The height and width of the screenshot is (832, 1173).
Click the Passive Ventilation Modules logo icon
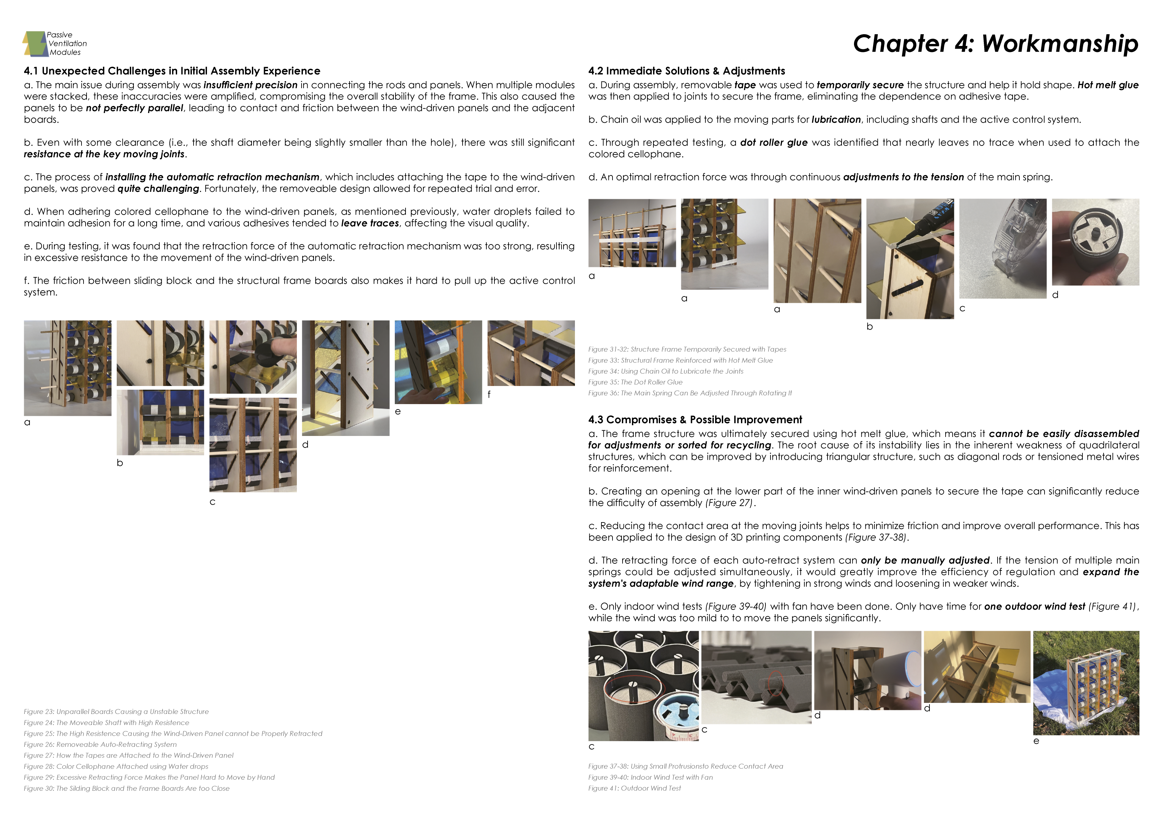(34, 44)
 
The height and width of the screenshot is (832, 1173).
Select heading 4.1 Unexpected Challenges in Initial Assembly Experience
(172, 71)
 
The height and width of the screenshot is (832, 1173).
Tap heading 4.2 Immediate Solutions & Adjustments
(686, 71)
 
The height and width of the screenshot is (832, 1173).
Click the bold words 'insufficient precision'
(250, 85)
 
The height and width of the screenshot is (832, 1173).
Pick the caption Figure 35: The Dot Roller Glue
(635, 382)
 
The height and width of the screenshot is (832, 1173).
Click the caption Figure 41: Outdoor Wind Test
(634, 788)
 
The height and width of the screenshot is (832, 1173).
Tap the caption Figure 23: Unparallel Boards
(116, 712)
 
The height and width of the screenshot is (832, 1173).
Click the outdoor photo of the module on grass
(1085, 683)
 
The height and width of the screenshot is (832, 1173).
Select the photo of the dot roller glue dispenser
(1002, 248)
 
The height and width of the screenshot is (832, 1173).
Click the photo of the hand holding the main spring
(1095, 242)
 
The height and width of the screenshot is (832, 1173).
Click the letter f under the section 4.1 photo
(489, 394)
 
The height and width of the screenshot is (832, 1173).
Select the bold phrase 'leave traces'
(370, 223)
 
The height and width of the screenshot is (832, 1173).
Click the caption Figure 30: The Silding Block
(126, 788)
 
